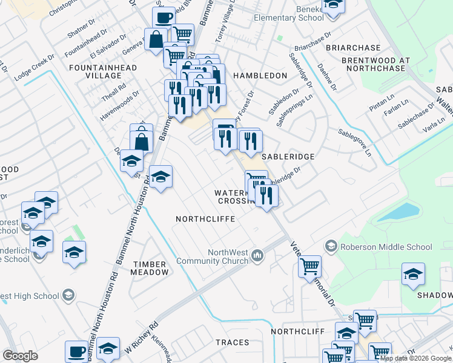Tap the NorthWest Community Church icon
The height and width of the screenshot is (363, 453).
(258, 257)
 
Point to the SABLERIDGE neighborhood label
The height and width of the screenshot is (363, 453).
(288, 156)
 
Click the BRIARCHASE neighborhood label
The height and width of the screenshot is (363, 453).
(353, 48)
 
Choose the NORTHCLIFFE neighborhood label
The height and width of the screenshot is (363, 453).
(205, 218)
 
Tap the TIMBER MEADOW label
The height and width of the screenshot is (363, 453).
(150, 268)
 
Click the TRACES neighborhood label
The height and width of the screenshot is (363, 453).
(232, 342)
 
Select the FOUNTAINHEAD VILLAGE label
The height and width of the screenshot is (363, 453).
(102, 71)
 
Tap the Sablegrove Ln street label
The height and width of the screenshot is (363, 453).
(355, 140)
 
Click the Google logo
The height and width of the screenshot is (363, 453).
(20, 355)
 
